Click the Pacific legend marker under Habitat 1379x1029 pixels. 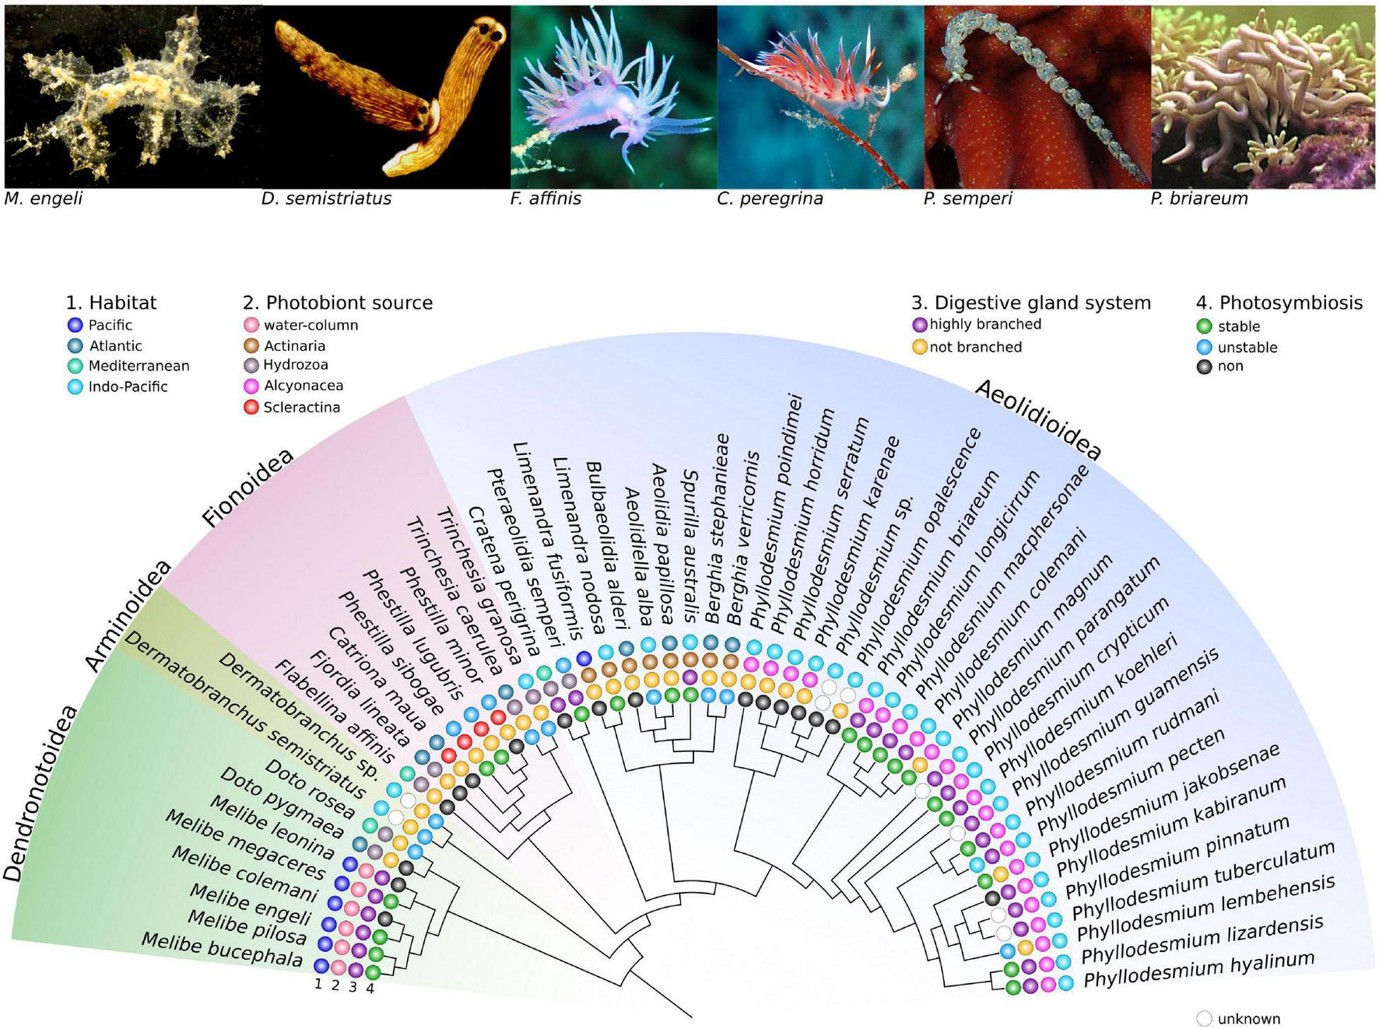pyautogui.click(x=75, y=325)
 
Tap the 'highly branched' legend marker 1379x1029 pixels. pyautogui.click(x=920, y=324)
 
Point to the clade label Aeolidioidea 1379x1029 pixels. pyautogui.click(x=1037, y=420)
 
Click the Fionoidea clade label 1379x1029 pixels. pyautogui.click(x=247, y=488)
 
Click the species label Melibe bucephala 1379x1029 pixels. pyautogui.click(x=222, y=950)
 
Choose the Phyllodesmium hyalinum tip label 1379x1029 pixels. pyautogui.click(x=1198, y=969)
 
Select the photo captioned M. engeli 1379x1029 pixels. pyautogui.click(x=132, y=97)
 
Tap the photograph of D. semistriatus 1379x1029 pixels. pyautogui.click(x=386, y=97)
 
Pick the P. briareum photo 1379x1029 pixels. pyautogui.click(x=1262, y=97)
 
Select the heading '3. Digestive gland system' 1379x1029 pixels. pyautogui.click(x=1030, y=303)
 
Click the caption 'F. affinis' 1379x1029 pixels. pyautogui.click(x=546, y=198)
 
